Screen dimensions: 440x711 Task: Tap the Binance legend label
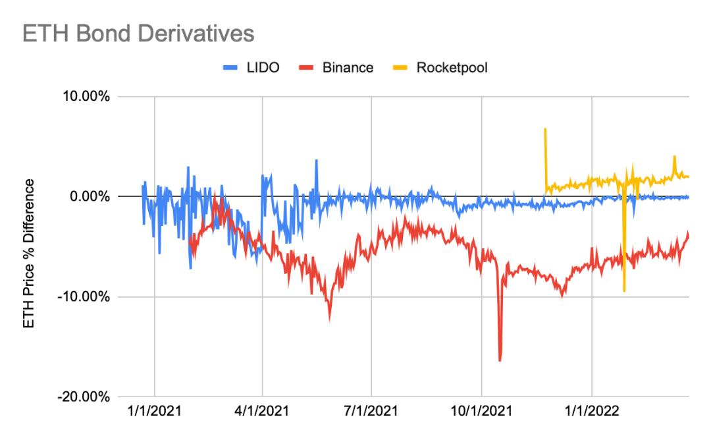tap(348, 69)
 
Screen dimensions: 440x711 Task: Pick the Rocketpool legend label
tap(452, 69)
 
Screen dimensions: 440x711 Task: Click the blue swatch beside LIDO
tap(228, 69)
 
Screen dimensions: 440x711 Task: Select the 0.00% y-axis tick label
tap(88, 197)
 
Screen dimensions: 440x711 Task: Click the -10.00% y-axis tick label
tap(83, 297)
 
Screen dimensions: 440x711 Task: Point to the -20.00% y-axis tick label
tap(83, 397)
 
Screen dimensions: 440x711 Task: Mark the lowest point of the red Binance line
tap(500, 360)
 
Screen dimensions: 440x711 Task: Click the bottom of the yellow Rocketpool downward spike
tap(623, 290)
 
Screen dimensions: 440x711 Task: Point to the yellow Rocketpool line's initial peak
tap(545, 129)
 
